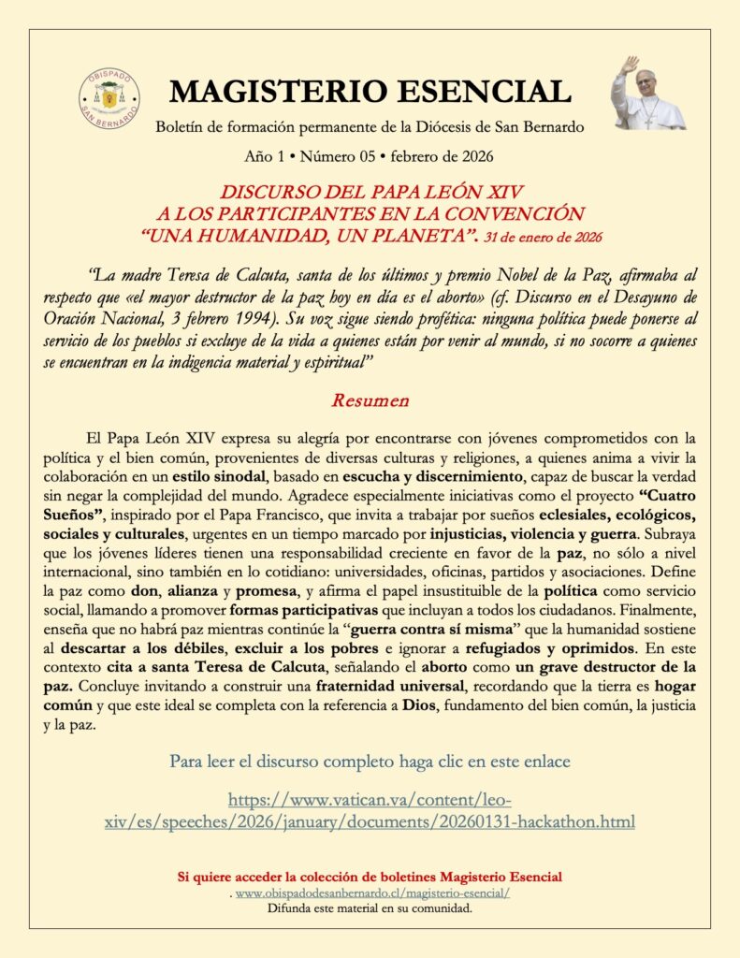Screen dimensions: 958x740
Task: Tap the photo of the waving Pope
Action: pos(646,94)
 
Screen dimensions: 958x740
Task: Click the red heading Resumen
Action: pos(370,400)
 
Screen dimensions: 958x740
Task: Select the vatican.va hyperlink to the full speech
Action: pos(370,810)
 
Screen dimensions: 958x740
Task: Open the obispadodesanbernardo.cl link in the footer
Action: pos(372,893)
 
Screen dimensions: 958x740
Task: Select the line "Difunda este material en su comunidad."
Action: pos(370,908)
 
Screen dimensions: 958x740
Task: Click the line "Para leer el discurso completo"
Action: pos(370,762)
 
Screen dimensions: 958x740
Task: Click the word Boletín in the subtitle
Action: pos(182,126)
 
